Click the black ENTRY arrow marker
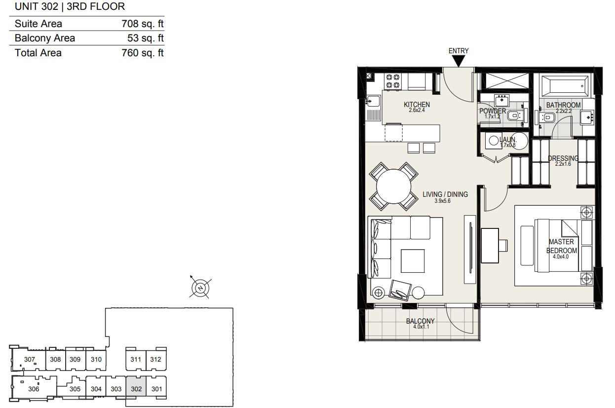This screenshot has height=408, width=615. [x=458, y=61]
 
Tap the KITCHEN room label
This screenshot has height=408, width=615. [x=417, y=105]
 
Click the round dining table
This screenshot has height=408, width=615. [x=393, y=186]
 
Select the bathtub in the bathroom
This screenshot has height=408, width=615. [x=565, y=86]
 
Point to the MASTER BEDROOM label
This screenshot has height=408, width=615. [x=562, y=246]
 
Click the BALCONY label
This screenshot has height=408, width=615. [x=420, y=321]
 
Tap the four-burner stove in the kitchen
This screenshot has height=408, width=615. [x=392, y=81]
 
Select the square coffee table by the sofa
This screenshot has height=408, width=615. [x=412, y=260]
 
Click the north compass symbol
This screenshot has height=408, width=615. [x=200, y=288]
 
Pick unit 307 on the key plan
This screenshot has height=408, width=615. [x=30, y=359]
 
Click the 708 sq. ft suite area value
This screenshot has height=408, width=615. [x=143, y=24]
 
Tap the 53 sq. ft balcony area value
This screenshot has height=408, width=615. [x=145, y=38]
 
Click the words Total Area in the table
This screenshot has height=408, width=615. [x=38, y=53]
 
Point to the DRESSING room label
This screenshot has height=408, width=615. [x=563, y=158]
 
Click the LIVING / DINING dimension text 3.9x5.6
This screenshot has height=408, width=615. [x=442, y=201]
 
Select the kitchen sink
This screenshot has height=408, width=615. [x=373, y=101]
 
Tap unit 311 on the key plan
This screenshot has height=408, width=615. [x=136, y=359]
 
